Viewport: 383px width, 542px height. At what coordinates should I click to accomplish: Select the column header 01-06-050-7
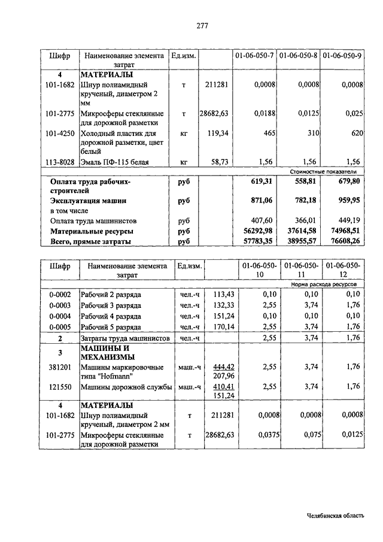pos(254,56)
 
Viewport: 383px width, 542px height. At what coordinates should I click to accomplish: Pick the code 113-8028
pos(60,162)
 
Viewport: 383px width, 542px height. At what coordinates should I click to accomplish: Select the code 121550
pos(60,387)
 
